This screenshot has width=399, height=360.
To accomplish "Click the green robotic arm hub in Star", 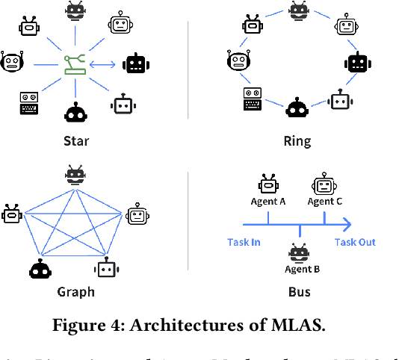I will (x=74, y=63).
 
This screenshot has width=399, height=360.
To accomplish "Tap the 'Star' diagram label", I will (x=75, y=141).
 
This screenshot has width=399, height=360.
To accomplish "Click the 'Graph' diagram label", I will (x=76, y=291).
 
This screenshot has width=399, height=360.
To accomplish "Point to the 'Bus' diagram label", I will (x=300, y=291).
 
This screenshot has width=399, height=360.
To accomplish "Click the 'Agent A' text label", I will (x=268, y=202).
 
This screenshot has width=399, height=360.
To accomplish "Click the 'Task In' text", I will (x=244, y=242).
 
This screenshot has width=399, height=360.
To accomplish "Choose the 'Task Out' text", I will (x=354, y=242).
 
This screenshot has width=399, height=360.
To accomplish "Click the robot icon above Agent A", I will (x=268, y=184).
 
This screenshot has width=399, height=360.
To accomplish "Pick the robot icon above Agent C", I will (x=324, y=184).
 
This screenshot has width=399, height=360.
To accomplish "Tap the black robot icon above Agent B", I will (x=300, y=252).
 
